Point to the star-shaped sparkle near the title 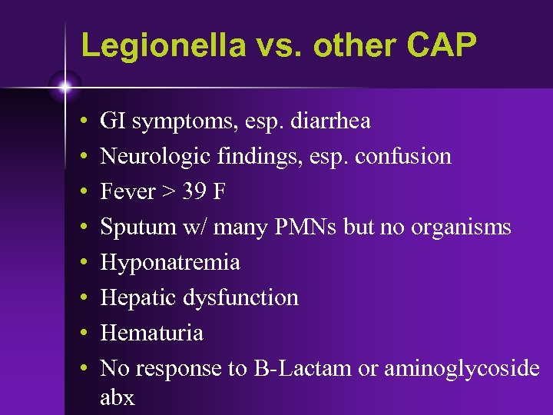[x=65, y=87]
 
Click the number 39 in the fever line [x=194, y=191]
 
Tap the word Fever [x=127, y=191]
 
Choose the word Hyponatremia [x=170, y=263]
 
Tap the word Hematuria [x=151, y=333]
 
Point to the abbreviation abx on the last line [x=117, y=397]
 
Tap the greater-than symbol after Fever [x=168, y=192]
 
